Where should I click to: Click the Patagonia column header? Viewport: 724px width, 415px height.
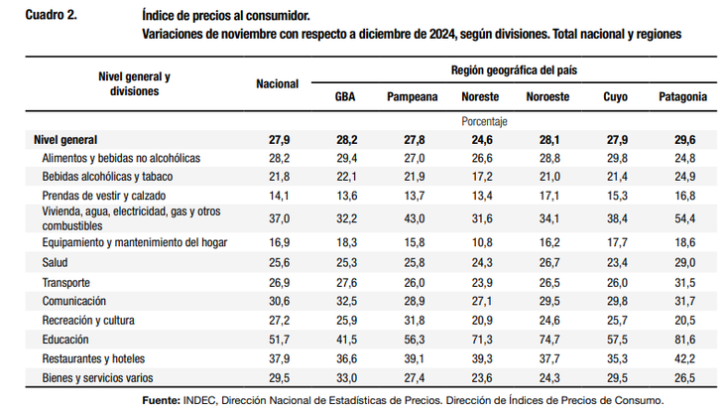[x=682, y=97]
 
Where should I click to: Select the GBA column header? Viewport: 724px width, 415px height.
[x=345, y=97]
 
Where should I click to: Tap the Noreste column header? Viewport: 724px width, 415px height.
[x=480, y=97]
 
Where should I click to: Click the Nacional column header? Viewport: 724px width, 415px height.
[x=277, y=84]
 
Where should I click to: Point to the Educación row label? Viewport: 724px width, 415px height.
[x=67, y=339]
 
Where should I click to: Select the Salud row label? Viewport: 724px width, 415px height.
[x=57, y=264]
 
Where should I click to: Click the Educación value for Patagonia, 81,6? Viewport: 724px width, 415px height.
[x=683, y=339]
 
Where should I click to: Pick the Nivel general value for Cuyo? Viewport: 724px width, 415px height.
[x=615, y=140]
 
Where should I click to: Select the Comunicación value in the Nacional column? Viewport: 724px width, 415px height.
[x=277, y=301]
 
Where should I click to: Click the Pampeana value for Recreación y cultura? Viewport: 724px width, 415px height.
[x=413, y=320]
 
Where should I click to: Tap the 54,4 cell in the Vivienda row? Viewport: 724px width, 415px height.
[x=683, y=217]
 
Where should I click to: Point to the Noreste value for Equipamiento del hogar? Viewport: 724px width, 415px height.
[x=480, y=241]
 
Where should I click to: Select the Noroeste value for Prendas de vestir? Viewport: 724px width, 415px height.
[x=547, y=195]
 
